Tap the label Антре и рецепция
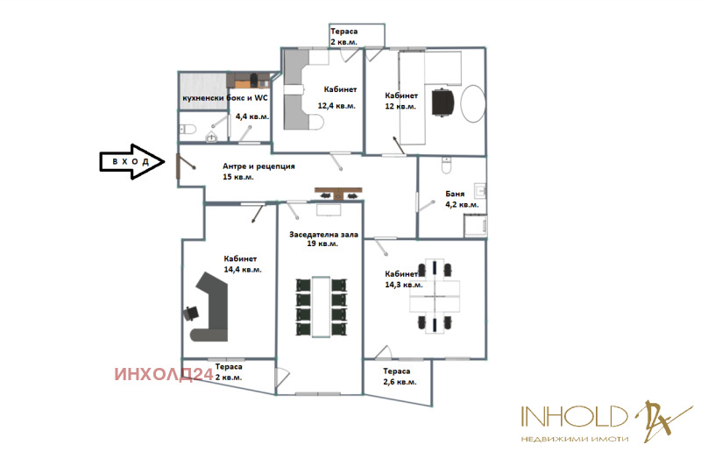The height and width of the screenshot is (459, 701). [x=258, y=166]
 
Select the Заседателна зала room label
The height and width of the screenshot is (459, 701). [x=323, y=234]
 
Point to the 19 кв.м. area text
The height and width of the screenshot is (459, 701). [x=322, y=244]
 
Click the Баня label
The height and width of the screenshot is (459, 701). [x=455, y=194]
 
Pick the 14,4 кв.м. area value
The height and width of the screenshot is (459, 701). [x=243, y=270]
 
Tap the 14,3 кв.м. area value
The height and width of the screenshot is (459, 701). [x=404, y=285]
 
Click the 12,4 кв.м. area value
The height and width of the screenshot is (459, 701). [x=336, y=106]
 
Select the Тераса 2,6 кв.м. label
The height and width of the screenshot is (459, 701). [x=400, y=377]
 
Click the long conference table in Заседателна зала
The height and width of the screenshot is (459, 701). [x=321, y=307]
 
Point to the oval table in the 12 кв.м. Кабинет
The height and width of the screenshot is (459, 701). [x=473, y=103]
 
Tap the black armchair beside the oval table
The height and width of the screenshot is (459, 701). [x=443, y=102]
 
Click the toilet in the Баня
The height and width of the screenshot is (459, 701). [x=447, y=165]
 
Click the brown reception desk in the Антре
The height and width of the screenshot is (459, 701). [x=338, y=193]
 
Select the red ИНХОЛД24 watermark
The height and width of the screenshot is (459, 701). [x=164, y=374]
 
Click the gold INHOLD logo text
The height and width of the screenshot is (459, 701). [x=575, y=417]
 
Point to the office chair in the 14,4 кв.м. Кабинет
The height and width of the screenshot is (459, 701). [x=191, y=313]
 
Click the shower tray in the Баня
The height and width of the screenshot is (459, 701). [x=475, y=226]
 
